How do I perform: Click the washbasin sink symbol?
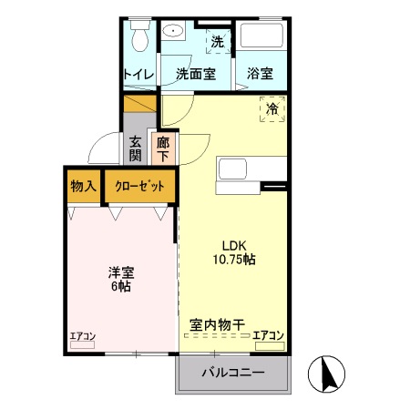[174, 31]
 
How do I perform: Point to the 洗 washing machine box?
[217, 41]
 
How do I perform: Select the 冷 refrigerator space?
[272, 110]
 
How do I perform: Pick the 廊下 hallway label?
[163, 148]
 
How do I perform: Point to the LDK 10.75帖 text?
[234, 251]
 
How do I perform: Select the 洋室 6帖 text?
[119, 278]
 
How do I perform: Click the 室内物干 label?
[218, 323]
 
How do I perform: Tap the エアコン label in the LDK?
[268, 335]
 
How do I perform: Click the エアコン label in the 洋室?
[83, 336]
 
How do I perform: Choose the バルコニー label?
[232, 374]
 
